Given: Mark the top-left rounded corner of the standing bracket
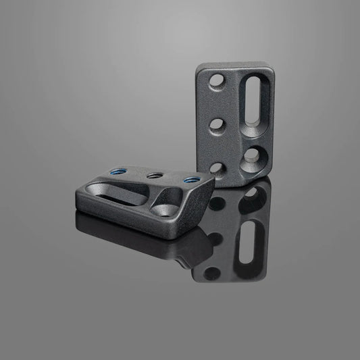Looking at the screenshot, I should point(201,70).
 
